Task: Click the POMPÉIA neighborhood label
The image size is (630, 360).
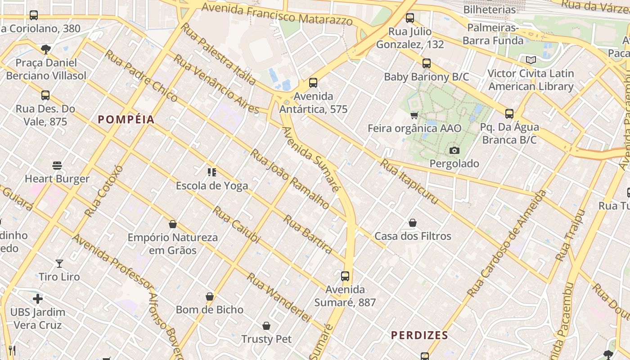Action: pos(126,119)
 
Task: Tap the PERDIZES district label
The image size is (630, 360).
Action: pos(419,335)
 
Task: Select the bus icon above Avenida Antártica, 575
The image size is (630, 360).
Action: pos(313,83)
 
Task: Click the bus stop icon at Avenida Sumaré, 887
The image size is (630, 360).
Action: pos(345,276)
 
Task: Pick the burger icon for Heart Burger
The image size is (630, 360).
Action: pos(57,166)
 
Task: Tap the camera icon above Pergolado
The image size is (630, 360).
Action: pos(454,150)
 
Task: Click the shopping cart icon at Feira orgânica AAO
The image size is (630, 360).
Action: pos(414,115)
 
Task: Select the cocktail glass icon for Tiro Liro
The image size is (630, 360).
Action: pos(59,264)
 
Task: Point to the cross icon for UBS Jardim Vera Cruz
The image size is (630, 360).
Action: pos(38,299)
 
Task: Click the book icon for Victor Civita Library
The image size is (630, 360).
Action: pos(531,60)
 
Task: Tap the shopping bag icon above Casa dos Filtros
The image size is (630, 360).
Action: pos(413,223)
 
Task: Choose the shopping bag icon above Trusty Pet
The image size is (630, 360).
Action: pos(266,326)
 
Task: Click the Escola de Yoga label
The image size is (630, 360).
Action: pos(211,186)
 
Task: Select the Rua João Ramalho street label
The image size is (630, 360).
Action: pos(289,179)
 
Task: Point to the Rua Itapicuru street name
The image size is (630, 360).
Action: pos(409,181)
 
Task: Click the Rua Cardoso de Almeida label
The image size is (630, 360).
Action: pos(506,244)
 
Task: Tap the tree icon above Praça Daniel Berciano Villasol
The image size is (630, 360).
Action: pos(45,49)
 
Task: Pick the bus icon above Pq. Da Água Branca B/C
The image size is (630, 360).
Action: pos(509,114)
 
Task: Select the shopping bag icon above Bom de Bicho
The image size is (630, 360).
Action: pos(210,297)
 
